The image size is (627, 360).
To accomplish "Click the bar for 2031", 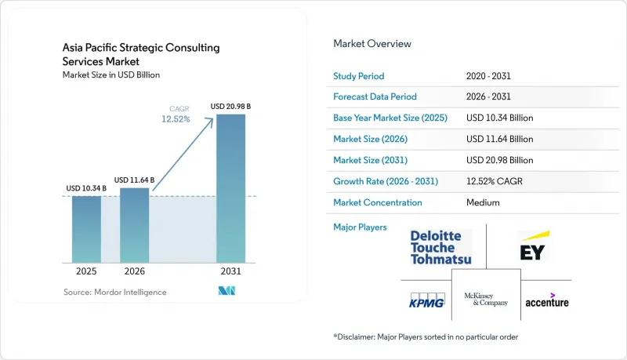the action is click(230, 188).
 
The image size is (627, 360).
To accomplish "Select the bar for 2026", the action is click(134, 225).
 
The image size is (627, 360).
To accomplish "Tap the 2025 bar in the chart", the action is click(86, 229).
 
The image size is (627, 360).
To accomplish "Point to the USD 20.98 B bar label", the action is click(230, 107).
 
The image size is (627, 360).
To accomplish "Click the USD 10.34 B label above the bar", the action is click(86, 188).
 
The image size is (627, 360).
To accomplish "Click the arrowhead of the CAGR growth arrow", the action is click(211, 121).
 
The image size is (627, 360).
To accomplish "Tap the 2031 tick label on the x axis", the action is click(230, 271).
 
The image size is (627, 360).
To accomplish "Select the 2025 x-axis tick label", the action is click(86, 271).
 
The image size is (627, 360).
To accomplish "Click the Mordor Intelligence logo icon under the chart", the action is click(227, 291).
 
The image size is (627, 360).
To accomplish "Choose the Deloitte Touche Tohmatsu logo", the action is click(440, 248).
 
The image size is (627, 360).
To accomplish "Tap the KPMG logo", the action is click(427, 300).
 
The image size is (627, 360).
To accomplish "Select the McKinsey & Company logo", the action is click(486, 299).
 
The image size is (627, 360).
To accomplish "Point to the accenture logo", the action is click(547, 300).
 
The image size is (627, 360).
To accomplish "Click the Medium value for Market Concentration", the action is click(483, 202).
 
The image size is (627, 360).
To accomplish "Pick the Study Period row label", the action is click(359, 76).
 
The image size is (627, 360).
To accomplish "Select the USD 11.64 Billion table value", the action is click(499, 139).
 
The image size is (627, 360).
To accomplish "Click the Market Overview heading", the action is click(372, 44).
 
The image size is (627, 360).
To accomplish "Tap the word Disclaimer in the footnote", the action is click(356, 336).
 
